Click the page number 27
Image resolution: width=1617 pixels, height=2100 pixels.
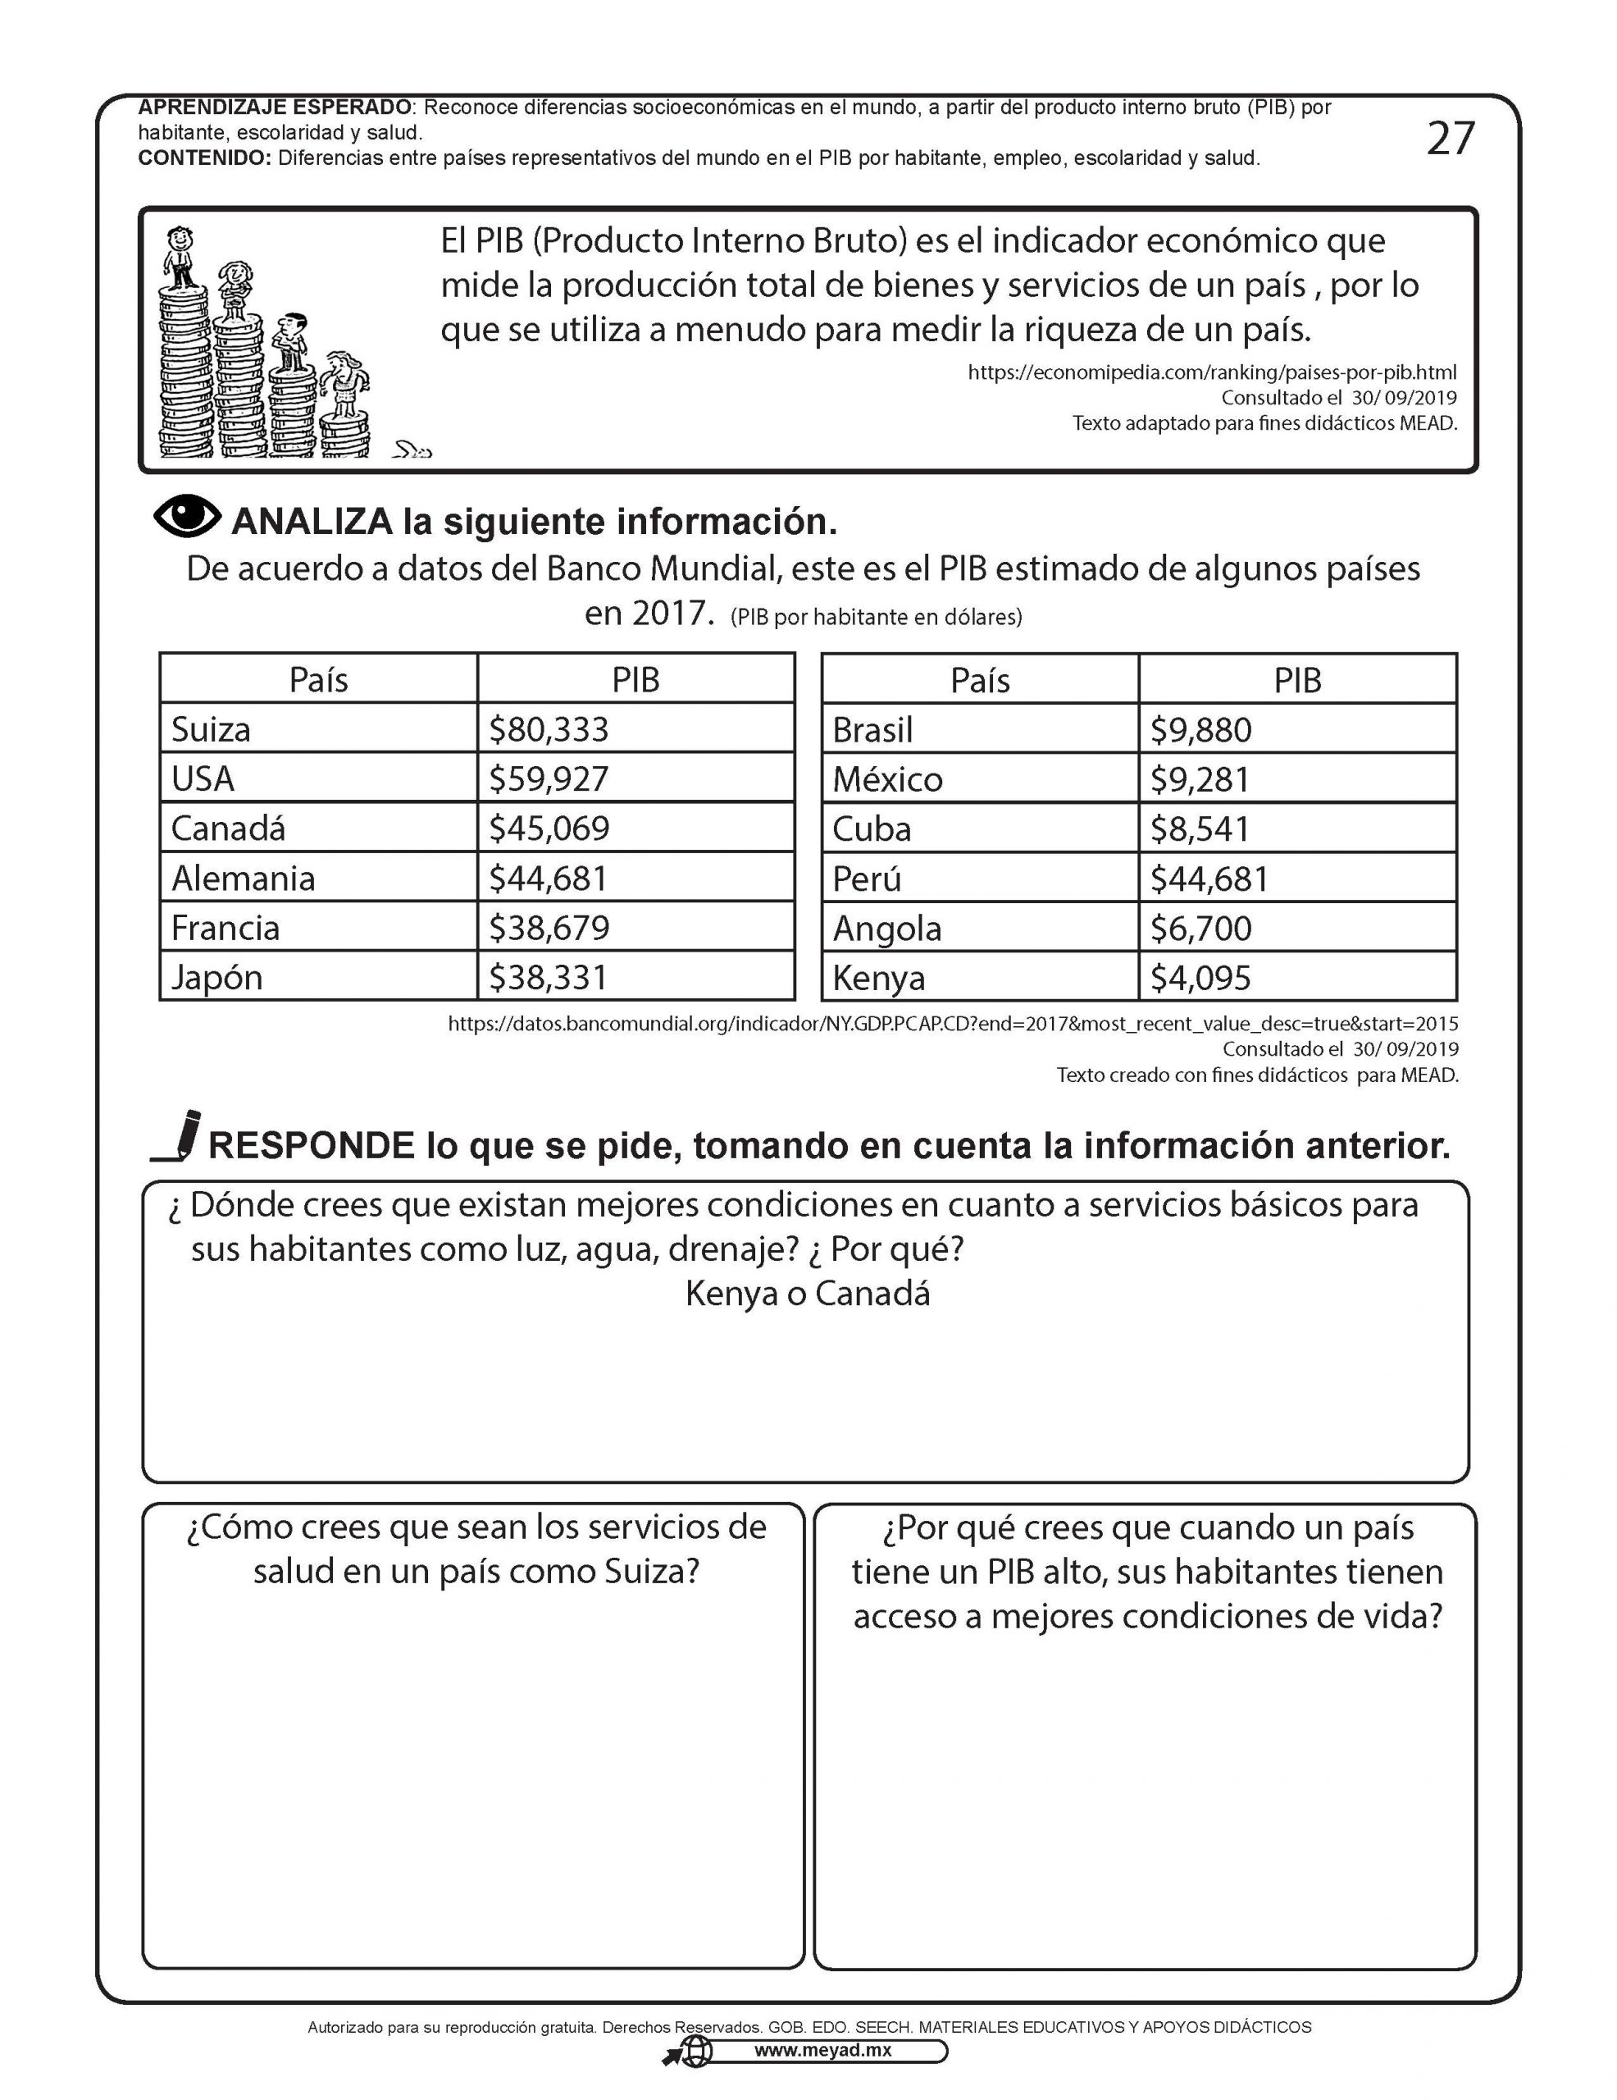[x=1449, y=139]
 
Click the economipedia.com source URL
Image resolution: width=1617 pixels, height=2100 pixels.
[x=1211, y=372]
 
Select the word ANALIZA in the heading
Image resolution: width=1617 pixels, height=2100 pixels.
[x=312, y=522]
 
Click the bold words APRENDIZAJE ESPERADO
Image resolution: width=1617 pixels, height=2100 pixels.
[x=274, y=107]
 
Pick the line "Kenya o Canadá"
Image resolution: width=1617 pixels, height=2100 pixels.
[x=808, y=1294]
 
